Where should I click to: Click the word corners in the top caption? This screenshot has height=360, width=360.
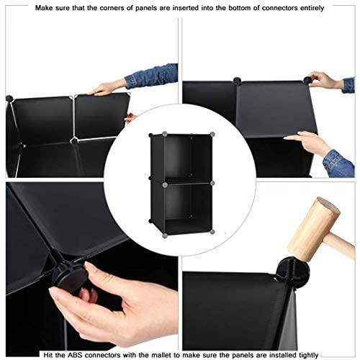point(113,7)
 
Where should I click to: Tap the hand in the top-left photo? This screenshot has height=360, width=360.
point(108,88)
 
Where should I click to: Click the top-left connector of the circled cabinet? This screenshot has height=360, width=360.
point(152,136)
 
